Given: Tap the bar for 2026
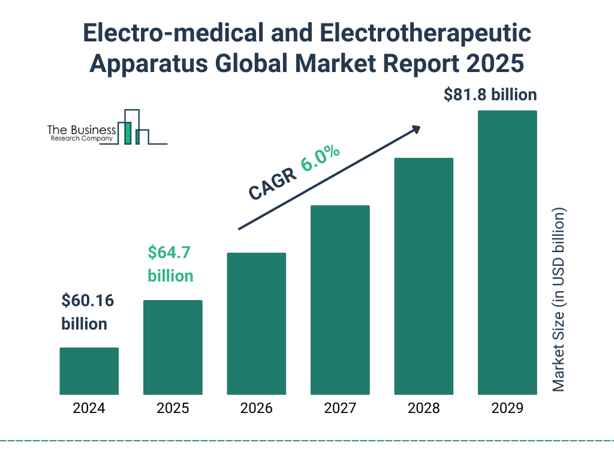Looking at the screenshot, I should pyautogui.click(x=256, y=324).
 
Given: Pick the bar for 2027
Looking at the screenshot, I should pyautogui.click(x=340, y=300).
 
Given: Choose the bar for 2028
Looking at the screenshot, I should pyautogui.click(x=423, y=276).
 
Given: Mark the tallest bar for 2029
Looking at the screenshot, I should pyautogui.click(x=507, y=253).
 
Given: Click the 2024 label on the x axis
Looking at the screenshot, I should pyautogui.click(x=89, y=409).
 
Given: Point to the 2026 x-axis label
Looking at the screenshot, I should pyautogui.click(x=256, y=409).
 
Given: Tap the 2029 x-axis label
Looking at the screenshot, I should pyautogui.click(x=507, y=409).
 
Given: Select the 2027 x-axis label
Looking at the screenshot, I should pyautogui.click(x=340, y=409).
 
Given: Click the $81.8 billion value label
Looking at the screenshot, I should pyautogui.click(x=490, y=95).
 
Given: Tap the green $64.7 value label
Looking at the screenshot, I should pyautogui.click(x=169, y=253).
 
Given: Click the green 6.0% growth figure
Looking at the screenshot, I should pyautogui.click(x=320, y=158).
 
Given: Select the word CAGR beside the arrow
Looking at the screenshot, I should pyautogui.click(x=272, y=183).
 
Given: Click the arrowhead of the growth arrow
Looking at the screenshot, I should pyautogui.click(x=415, y=128).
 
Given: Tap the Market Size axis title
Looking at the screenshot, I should pyautogui.click(x=559, y=300).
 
